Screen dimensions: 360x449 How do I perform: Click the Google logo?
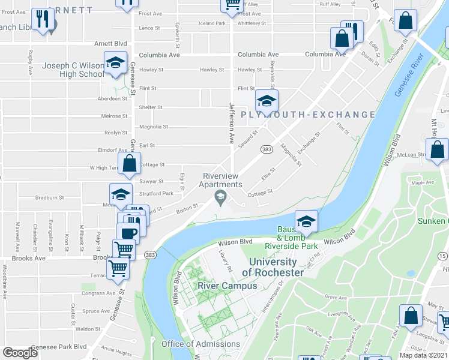tap(20, 352)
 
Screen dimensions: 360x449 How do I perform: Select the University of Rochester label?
tap(273, 267)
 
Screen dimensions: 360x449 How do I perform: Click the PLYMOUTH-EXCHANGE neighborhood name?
tap(308, 115)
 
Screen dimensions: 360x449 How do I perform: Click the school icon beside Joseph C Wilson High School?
tap(115, 63)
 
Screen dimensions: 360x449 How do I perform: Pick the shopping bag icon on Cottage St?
tap(130, 164)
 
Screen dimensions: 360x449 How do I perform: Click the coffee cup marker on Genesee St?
tap(128, 233)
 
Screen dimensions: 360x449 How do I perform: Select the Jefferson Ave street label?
tap(231, 122)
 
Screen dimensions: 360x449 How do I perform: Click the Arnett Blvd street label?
tap(111, 43)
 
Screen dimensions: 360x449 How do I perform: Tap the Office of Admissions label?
tap(200, 344)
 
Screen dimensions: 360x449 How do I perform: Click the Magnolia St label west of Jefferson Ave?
tap(153, 127)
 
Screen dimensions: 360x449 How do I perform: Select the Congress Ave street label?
tap(92, 293)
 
